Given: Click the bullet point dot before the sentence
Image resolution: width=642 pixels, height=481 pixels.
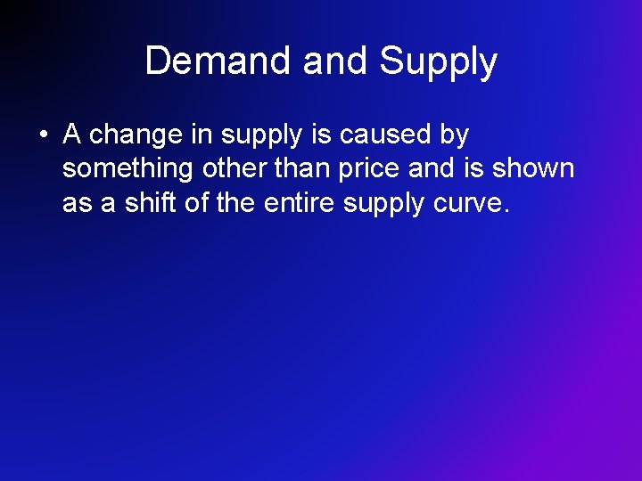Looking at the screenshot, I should pos(42,136).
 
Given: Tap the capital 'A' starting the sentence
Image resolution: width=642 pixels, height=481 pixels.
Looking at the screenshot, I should pos(72,135).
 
